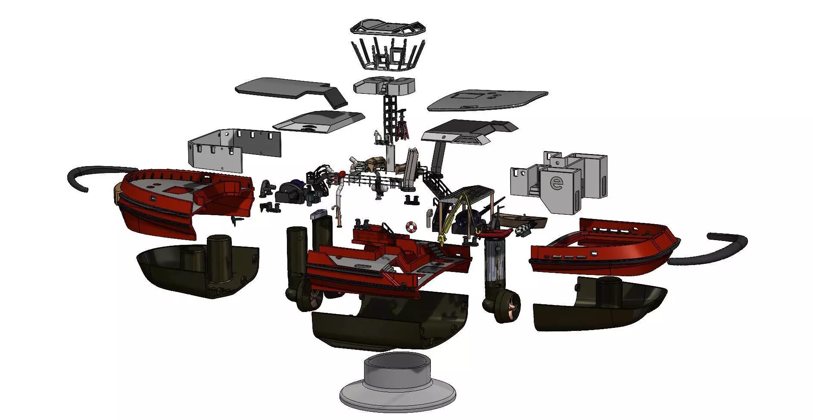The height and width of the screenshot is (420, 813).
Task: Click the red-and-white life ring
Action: pyautogui.click(x=411, y=226)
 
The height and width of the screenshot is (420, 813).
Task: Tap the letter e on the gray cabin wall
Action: pyautogui.click(x=557, y=183)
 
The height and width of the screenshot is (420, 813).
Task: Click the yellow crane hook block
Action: pyautogui.click(x=442, y=238)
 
